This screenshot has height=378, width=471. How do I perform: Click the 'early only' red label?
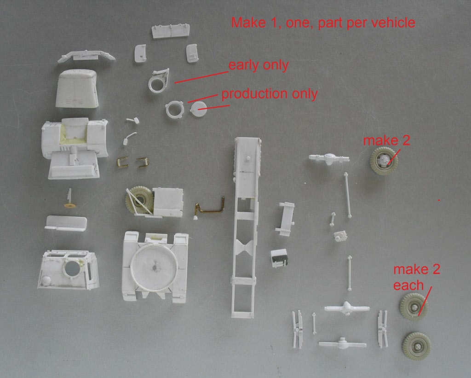tap(258, 65)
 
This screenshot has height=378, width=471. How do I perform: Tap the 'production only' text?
tap(270, 94)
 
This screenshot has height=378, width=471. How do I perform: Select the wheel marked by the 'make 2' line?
tap(384, 161)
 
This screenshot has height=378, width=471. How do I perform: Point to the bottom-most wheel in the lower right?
tap(416, 346)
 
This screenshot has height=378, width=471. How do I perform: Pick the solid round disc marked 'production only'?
tap(199, 109)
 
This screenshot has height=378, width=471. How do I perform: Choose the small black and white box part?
tap(279, 258)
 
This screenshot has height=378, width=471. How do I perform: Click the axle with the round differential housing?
tap(329, 158)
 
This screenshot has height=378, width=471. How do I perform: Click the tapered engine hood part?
tap(77, 88)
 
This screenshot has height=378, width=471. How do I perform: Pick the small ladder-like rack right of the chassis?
tap(285, 219)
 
